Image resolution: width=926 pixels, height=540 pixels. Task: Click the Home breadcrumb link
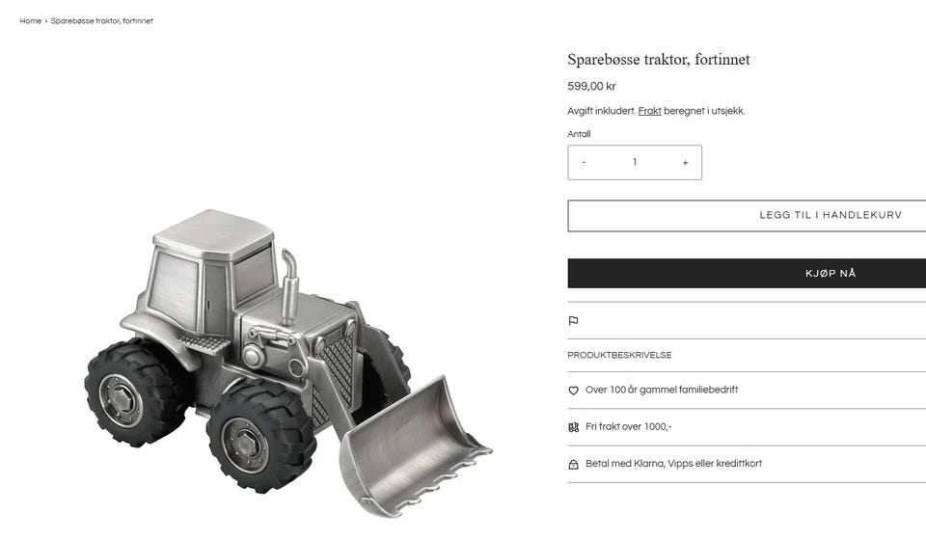(x=30, y=20)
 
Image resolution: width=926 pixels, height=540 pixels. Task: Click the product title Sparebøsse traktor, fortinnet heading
(x=659, y=60)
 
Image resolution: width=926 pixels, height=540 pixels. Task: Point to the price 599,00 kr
(x=591, y=86)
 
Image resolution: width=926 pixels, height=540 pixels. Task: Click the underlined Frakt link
(x=649, y=111)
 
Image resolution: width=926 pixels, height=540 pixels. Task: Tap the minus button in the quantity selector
(x=585, y=162)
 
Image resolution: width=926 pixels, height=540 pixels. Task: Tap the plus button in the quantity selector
(x=685, y=162)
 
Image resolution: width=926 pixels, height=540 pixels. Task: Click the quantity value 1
(x=635, y=162)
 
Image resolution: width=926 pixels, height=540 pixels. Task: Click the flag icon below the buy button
(x=573, y=321)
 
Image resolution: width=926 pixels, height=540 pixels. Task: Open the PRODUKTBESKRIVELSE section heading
(x=619, y=355)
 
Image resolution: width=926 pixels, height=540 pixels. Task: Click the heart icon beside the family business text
(x=573, y=391)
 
